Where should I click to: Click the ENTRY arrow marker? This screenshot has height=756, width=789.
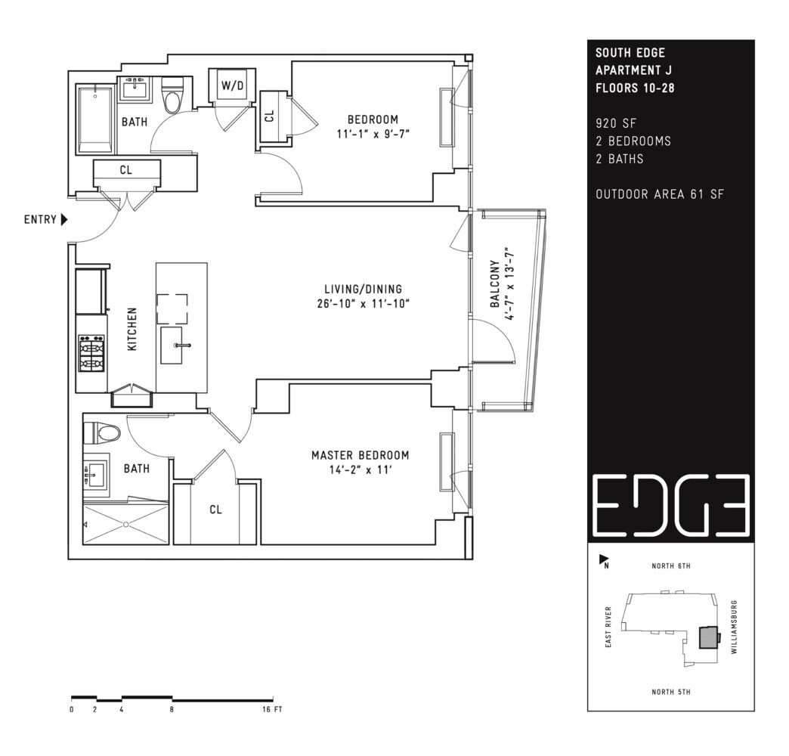click(x=64, y=220)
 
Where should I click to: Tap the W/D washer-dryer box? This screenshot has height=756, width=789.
click(x=232, y=86)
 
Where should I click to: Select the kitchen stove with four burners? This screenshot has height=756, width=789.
click(x=91, y=353)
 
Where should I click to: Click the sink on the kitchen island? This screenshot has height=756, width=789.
click(x=181, y=345)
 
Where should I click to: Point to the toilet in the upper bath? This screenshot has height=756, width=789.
click(x=173, y=95)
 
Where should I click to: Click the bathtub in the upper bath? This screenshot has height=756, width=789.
click(x=95, y=119)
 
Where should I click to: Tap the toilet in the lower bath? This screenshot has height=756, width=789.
click(x=101, y=433)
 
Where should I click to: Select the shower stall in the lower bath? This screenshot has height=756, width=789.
click(x=125, y=524)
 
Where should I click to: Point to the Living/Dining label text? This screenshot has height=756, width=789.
click(x=363, y=289)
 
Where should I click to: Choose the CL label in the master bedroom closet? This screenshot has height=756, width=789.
click(x=216, y=510)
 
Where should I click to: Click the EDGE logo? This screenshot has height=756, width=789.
click(x=670, y=504)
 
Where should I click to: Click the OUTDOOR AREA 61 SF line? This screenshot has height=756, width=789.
click(x=659, y=194)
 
